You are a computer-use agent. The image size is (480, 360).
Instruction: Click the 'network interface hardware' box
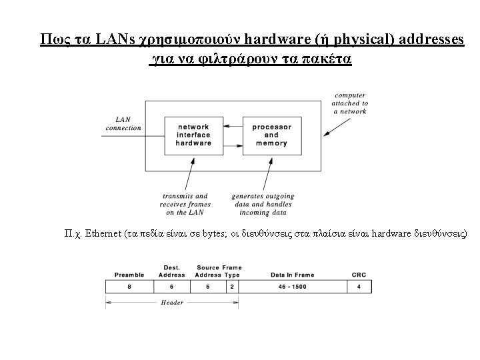tap(193, 135)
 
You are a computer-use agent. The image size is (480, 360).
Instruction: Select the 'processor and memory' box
tap(271, 135)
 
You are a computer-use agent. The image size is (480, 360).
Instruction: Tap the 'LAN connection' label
tap(123, 124)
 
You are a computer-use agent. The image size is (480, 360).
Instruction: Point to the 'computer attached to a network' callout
tap(350, 103)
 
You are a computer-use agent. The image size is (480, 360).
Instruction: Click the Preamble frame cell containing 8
tap(129, 287)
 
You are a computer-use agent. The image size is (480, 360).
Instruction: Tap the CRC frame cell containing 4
tap(359, 287)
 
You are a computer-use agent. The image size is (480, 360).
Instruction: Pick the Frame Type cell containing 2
tap(232, 287)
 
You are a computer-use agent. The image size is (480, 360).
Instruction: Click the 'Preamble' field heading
tap(129, 275)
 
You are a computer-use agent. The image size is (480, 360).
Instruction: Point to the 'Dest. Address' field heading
tap(172, 271)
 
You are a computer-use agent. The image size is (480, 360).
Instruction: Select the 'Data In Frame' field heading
tap(283, 275)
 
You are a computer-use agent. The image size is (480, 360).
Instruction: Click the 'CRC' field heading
tap(359, 275)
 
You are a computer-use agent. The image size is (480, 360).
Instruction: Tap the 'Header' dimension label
tap(172, 302)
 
